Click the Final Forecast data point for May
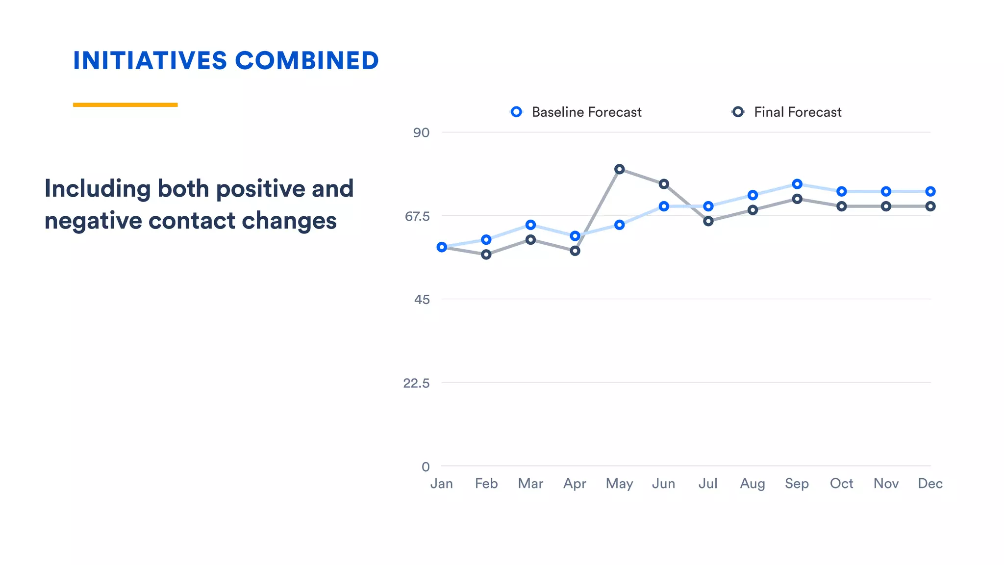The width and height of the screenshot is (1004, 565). coord(619,169)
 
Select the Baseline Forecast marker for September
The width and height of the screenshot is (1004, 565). coord(797,184)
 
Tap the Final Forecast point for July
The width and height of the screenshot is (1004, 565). coord(708,221)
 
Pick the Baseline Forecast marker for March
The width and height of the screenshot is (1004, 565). coord(530,225)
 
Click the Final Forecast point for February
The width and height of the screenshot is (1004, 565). coord(486,255)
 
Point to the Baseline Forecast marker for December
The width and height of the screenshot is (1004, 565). coord(930,191)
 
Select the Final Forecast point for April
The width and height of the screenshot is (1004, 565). coord(575,251)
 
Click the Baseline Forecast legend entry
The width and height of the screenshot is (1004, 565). coord(577,112)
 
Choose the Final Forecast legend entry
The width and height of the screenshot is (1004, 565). coord(787,112)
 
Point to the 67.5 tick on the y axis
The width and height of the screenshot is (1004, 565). coord(417,216)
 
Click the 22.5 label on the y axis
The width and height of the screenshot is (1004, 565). coord(416,383)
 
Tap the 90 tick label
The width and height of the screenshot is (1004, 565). coord(421,132)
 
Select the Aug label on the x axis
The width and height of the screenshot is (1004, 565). coord(753,484)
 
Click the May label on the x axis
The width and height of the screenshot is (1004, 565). coord(619,484)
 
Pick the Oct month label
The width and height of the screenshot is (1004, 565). coord(841,484)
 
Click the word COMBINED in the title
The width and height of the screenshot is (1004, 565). coord(307,61)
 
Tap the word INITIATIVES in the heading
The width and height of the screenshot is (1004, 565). coord(150,61)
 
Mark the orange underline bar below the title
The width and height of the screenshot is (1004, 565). coord(125,104)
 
